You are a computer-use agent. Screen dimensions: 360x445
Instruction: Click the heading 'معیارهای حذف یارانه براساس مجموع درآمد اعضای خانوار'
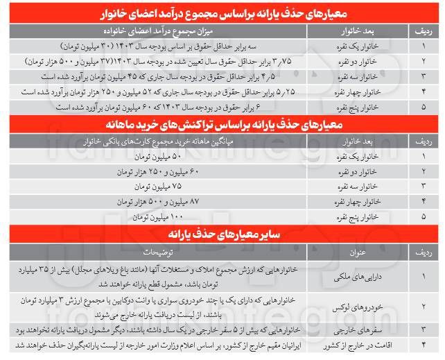(222, 14)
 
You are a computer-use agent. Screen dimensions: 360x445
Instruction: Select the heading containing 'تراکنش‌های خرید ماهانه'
(222, 126)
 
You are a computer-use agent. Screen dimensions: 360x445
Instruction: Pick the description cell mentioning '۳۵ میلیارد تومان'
(154, 274)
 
